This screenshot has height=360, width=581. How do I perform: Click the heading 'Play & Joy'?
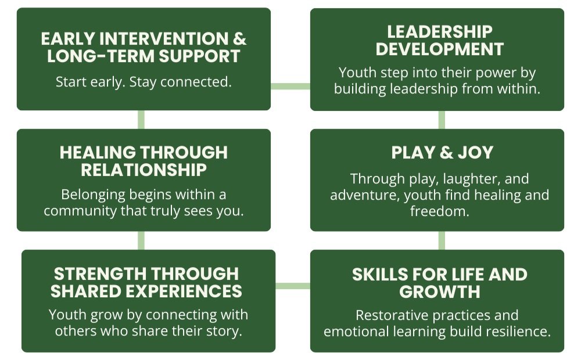(x=442, y=153)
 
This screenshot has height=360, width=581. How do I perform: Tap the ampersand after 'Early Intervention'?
(x=239, y=39)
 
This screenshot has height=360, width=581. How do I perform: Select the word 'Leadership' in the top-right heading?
(x=440, y=32)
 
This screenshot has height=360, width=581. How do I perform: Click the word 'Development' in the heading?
(x=440, y=49)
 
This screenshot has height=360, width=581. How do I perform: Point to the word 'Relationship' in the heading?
(x=144, y=170)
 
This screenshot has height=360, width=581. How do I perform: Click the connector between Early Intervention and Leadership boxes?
(x=290, y=87)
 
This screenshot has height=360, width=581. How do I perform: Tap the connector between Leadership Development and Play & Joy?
(x=442, y=120)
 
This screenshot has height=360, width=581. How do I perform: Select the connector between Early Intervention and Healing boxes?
(x=141, y=120)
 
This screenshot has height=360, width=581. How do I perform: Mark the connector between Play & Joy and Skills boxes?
(x=442, y=240)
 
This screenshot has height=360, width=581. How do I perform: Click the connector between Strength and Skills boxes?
(x=293, y=286)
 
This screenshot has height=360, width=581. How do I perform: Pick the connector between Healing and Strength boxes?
(x=141, y=240)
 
